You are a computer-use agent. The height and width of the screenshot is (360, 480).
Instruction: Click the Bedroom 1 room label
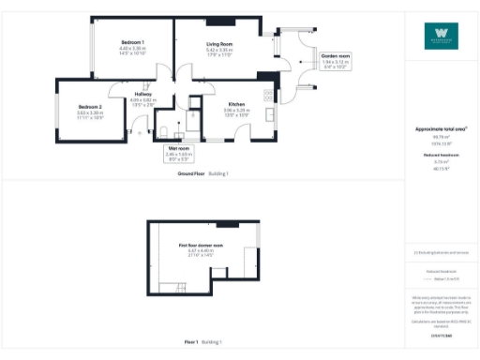(x=131, y=43)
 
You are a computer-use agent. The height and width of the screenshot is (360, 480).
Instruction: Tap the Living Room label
(x=219, y=44)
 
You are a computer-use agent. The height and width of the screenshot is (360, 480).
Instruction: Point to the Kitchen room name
(x=236, y=105)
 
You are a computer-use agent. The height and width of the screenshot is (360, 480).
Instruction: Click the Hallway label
(x=142, y=95)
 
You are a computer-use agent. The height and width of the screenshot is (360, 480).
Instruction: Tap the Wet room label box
(x=178, y=149)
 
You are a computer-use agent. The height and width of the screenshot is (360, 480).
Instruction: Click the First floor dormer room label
(x=202, y=246)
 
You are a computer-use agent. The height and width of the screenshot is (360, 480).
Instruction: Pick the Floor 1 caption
(x=190, y=344)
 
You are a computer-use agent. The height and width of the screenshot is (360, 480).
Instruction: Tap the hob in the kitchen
(x=269, y=95)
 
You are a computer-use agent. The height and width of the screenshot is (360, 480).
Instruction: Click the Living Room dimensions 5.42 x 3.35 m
(x=219, y=50)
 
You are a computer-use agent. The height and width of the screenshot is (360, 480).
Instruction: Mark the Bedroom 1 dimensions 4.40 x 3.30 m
(x=131, y=49)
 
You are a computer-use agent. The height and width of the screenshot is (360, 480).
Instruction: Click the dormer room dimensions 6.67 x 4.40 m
(x=202, y=251)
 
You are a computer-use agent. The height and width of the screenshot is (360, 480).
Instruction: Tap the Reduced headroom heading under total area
(x=440, y=154)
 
